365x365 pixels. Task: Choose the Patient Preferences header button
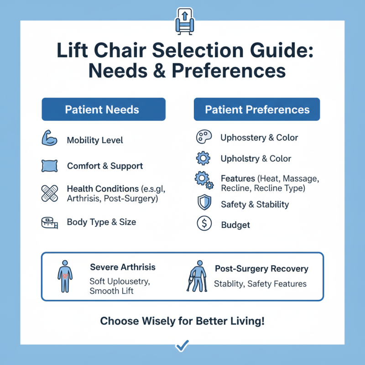[x=257, y=109]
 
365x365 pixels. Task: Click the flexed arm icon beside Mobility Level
[x=49, y=139]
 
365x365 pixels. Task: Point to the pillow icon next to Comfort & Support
[x=49, y=166]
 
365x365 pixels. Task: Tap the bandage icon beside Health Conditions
[x=49, y=193]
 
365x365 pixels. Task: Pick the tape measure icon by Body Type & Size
[x=49, y=222]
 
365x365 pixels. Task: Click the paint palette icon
[x=203, y=137]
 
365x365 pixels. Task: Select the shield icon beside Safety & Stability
[x=203, y=204]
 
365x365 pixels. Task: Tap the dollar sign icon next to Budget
[x=203, y=224]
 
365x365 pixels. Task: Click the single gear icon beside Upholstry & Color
[x=203, y=159]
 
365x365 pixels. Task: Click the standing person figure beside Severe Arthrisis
[x=65, y=276]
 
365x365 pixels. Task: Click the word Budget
[x=235, y=225]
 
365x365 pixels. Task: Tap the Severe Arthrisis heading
[x=123, y=267]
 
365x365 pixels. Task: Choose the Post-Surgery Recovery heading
[x=261, y=269]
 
